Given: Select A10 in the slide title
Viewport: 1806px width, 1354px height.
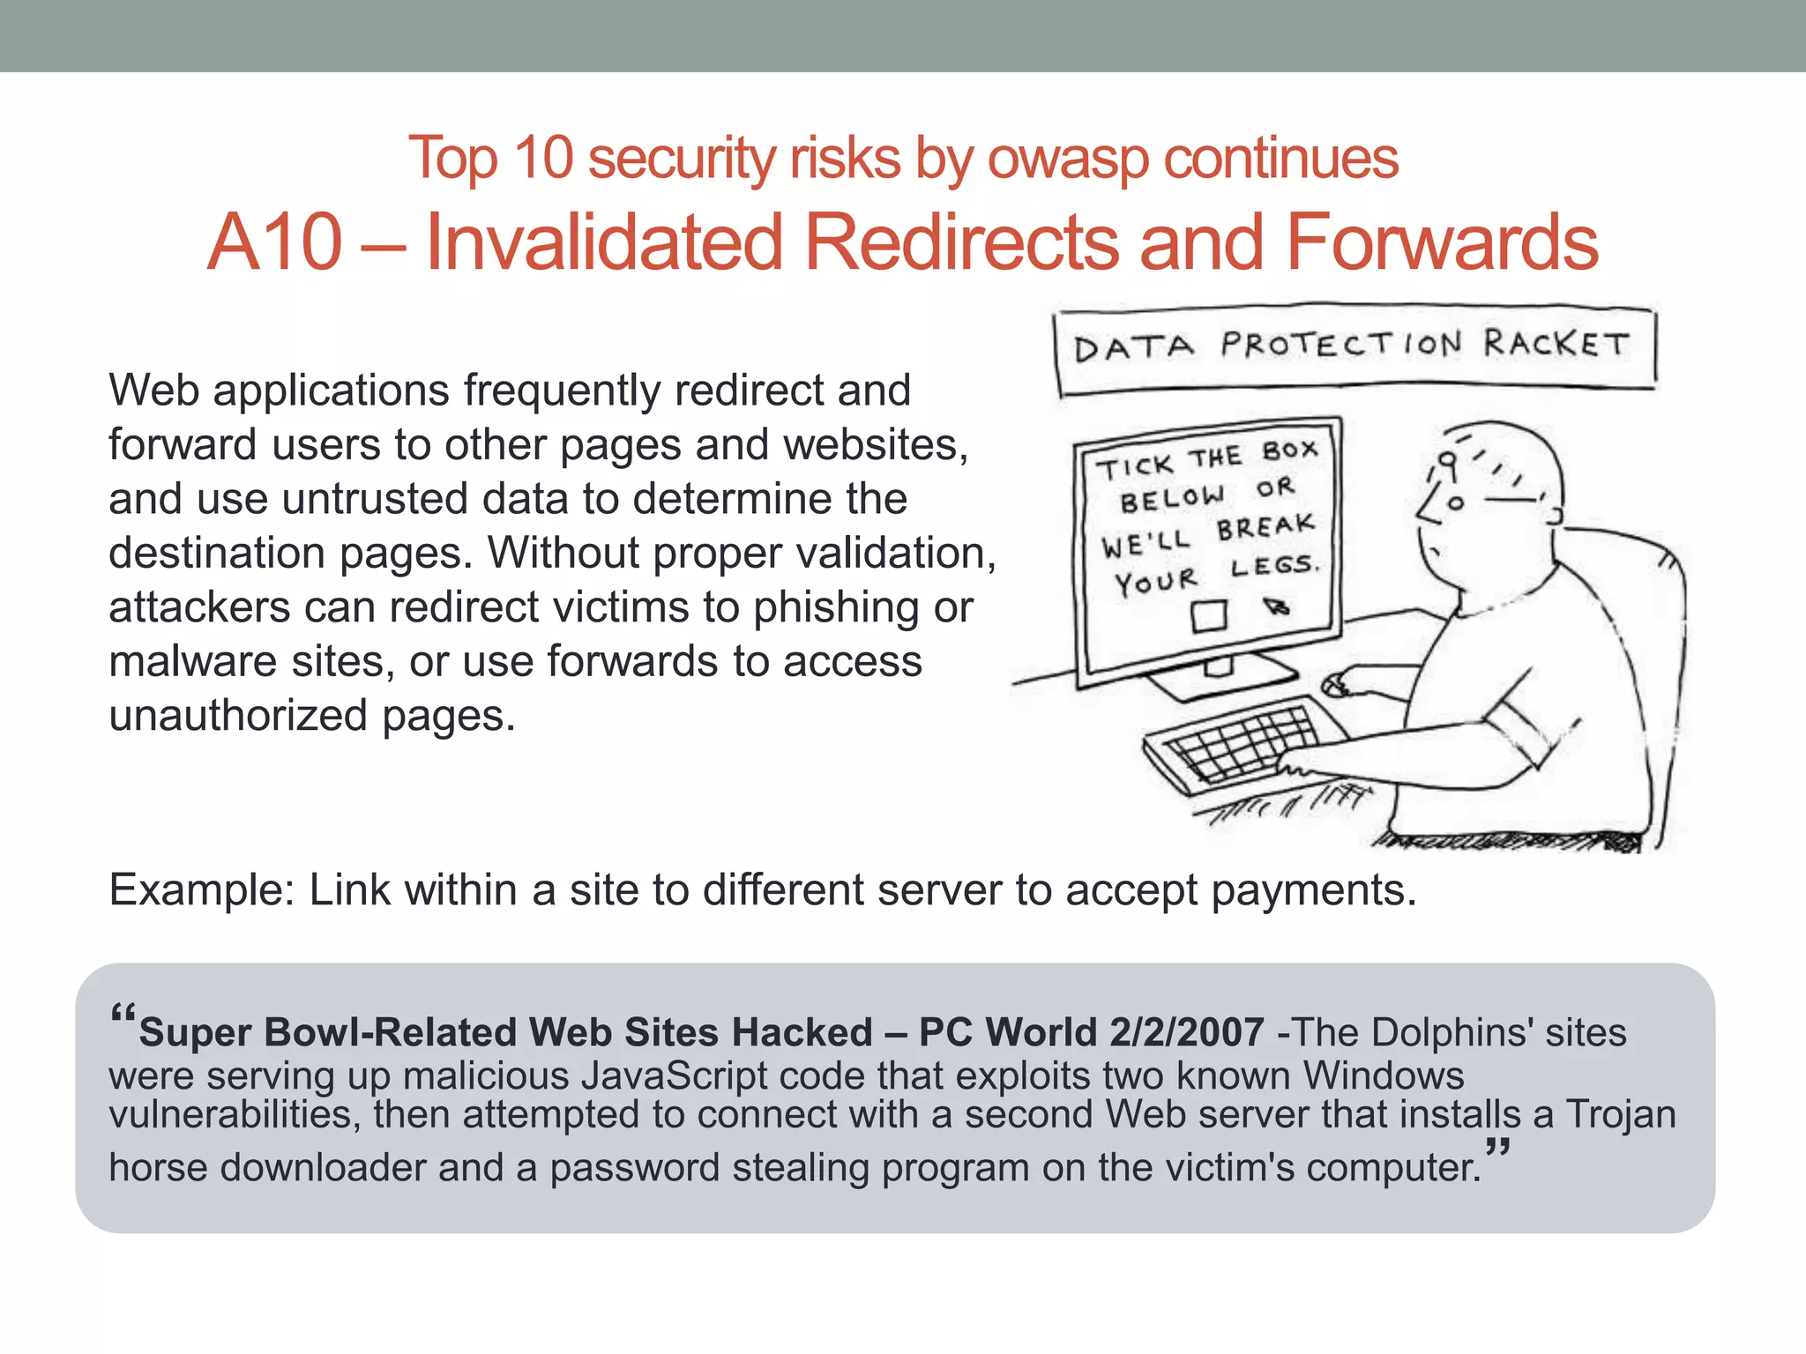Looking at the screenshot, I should (274, 242).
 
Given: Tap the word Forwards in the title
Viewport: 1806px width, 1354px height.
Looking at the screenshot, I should (1441, 242).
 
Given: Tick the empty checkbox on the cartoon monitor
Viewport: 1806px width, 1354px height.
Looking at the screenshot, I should (1208, 615).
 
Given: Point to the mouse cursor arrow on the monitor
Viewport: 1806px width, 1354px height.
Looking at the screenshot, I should (1275, 606).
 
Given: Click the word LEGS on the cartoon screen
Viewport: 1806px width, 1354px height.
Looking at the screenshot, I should (1273, 566).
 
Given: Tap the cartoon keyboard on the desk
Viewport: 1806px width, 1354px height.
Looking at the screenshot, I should (1235, 740).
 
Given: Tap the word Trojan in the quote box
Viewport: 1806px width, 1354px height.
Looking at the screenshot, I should (1620, 1114).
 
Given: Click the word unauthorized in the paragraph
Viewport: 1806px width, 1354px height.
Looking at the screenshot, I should (238, 716).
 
